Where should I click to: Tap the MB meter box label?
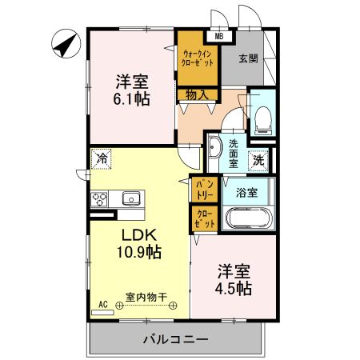(218, 35)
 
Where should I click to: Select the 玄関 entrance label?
(248, 58)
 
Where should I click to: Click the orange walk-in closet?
(197, 58)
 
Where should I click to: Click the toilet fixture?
(261, 118)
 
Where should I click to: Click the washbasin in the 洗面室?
(214, 149)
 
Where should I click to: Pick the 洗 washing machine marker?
(260, 159)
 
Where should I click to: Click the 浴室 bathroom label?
(246, 192)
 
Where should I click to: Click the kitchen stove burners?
(101, 198)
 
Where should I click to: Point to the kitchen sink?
(130, 198)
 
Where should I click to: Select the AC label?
(102, 302)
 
